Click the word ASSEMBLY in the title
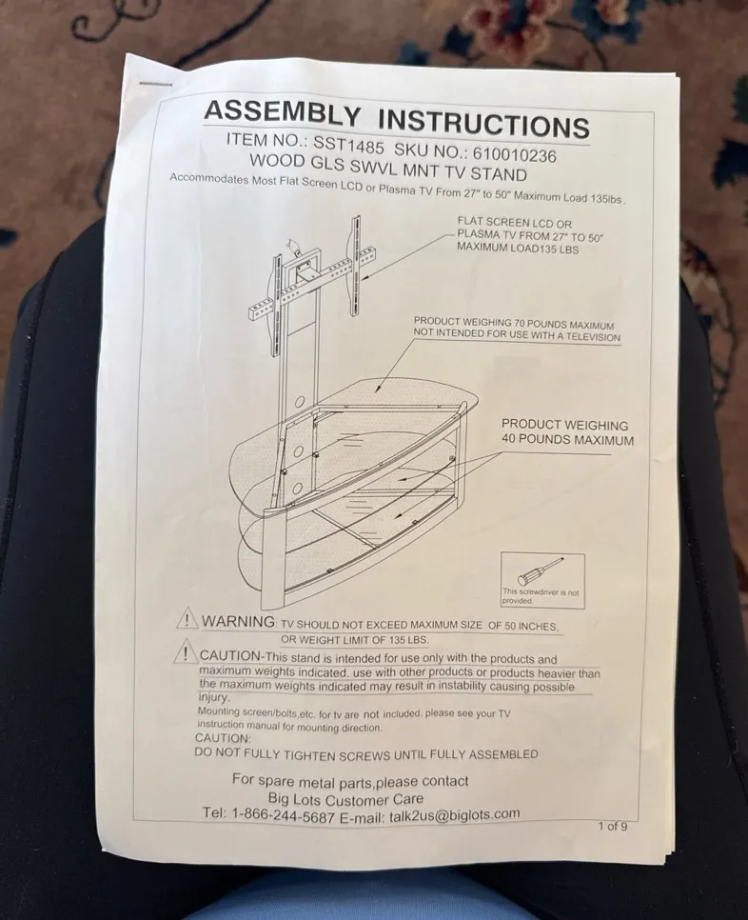[282, 113]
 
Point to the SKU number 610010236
[514, 153]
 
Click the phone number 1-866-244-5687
[284, 816]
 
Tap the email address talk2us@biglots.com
[454, 815]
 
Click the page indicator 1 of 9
[613, 826]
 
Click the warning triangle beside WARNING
[187, 618]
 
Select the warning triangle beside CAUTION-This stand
[186, 651]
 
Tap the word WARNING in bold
[239, 621]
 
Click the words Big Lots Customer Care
[345, 799]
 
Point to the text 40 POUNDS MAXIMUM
[567, 439]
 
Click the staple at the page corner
[156, 84]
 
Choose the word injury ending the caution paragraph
[214, 698]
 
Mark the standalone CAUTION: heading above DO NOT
[223, 738]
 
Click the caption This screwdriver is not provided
[540, 596]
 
